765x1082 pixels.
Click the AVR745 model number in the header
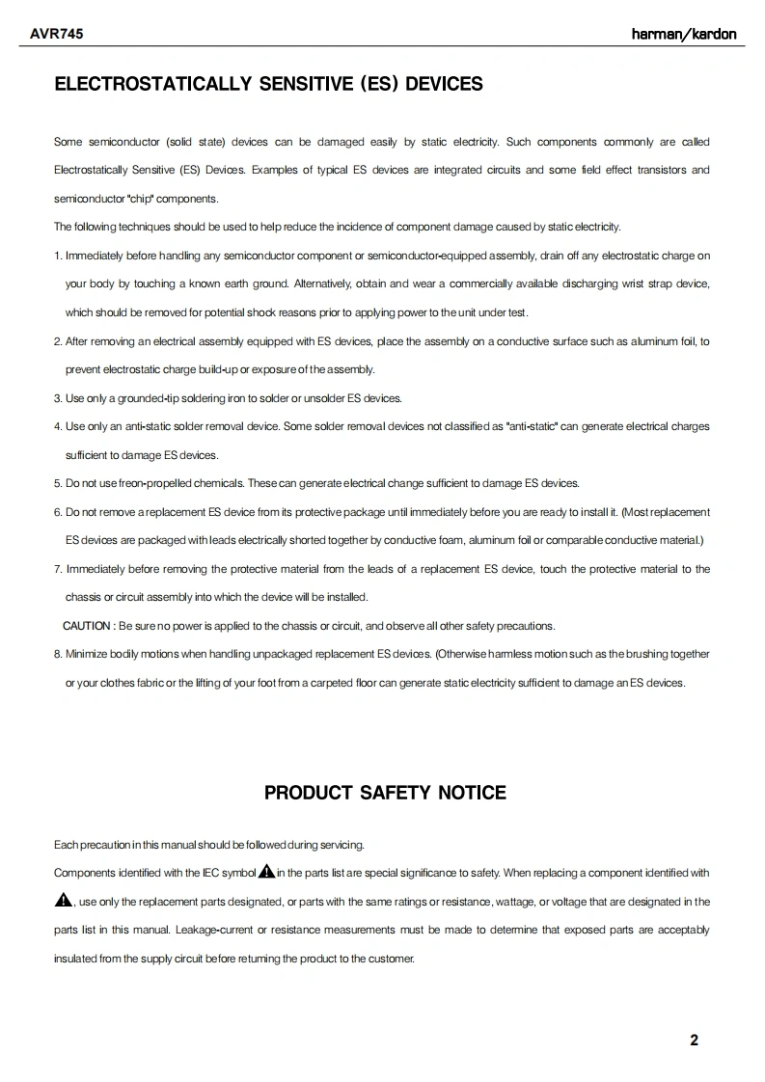point(56,34)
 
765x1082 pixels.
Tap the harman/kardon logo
point(683,34)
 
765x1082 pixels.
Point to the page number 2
point(695,1040)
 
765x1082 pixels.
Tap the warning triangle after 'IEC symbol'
point(266,873)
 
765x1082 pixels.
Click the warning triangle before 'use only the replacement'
point(64,901)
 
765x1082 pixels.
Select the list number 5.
point(57,483)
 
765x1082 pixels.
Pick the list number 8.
point(57,654)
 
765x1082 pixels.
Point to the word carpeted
point(346,683)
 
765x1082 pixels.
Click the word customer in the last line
point(390,959)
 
